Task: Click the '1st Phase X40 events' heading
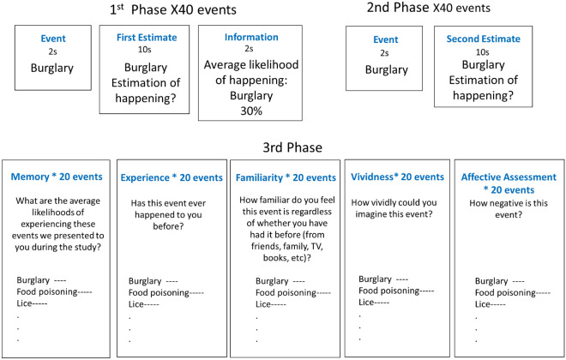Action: [161, 10]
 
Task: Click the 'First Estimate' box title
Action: [141, 39]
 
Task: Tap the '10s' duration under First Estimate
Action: [141, 50]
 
